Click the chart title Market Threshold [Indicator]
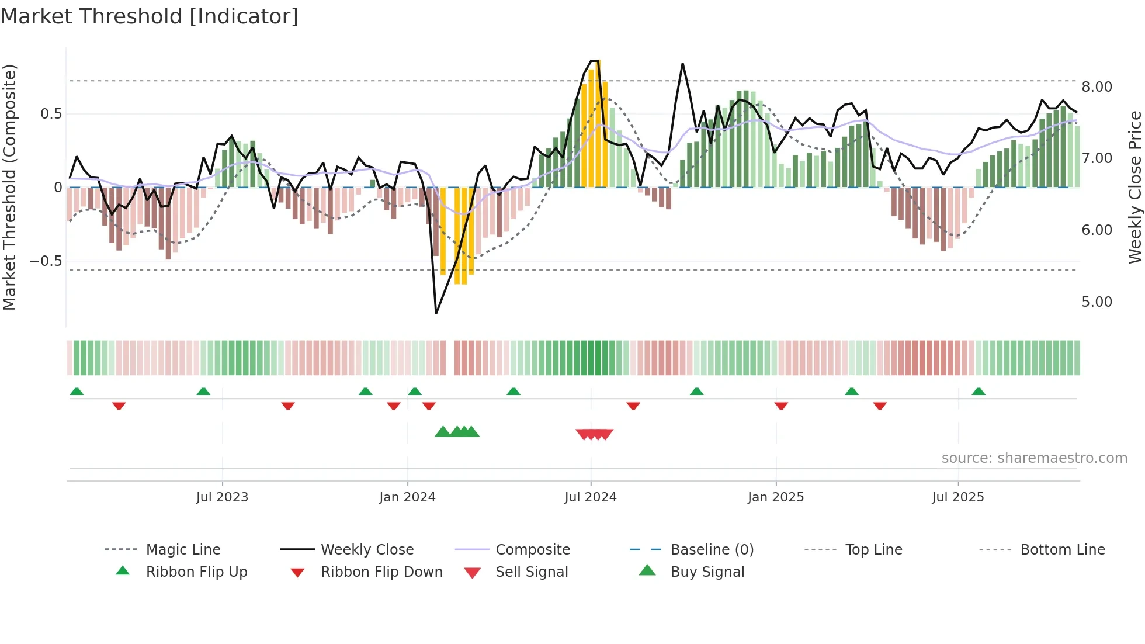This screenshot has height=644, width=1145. point(150,16)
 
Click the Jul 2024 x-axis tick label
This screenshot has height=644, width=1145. point(590,497)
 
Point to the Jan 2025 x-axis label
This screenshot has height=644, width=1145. point(775,497)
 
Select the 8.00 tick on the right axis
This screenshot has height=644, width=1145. point(1097,86)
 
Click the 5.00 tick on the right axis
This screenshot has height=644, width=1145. point(1097,302)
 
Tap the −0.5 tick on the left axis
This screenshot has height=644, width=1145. point(46,261)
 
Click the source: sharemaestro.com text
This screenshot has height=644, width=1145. point(1034,458)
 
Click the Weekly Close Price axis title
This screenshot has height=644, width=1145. point(1134,187)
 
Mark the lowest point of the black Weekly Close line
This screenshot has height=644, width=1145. point(436,313)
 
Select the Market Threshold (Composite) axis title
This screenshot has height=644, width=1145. point(9,187)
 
